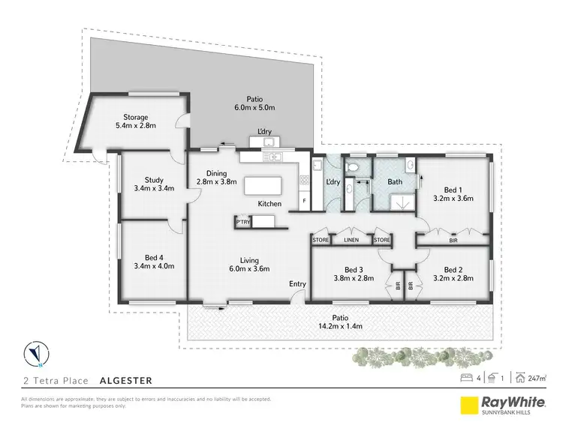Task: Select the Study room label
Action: coord(155,179)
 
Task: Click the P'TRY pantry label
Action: coord(243,222)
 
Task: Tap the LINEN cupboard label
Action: coord(351,240)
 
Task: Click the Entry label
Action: coord(298,284)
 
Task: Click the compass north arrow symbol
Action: coord(35,351)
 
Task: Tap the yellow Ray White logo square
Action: coord(470,403)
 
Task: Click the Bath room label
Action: coord(396,182)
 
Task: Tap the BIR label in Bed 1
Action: coord(453,240)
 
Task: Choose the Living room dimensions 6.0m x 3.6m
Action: coord(249,268)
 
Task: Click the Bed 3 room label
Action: coord(354,270)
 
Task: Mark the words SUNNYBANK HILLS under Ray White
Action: coord(515,411)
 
